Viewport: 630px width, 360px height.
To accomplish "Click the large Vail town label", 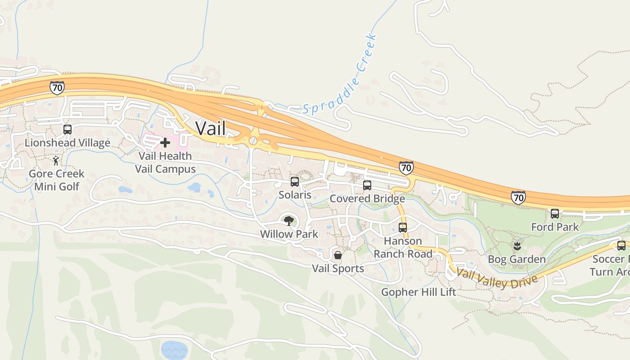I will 210,128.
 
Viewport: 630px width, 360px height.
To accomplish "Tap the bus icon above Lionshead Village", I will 67,130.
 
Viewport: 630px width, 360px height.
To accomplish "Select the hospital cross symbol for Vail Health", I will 165,143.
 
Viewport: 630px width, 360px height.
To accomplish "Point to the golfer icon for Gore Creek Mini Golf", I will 56,161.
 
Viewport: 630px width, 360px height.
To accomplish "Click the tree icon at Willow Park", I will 288,220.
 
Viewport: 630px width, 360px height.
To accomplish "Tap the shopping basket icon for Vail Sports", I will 338,256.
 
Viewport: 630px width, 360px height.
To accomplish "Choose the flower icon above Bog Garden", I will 517,246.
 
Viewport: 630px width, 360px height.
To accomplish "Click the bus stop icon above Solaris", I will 295,182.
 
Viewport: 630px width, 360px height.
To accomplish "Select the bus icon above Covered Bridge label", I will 367,185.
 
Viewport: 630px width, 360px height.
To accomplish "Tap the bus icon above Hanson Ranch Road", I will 403,228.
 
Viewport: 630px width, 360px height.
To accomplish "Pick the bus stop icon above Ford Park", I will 555,214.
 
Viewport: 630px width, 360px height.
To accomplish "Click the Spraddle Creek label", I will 341,74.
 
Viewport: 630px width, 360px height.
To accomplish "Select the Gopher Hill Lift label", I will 418,292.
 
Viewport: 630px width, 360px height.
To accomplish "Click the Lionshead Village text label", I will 67,143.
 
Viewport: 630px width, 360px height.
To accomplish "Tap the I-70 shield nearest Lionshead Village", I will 57,88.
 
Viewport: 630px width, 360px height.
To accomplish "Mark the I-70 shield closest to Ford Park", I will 518,197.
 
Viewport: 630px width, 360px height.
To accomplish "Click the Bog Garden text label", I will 517,259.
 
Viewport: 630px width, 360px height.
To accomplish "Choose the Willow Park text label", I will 289,234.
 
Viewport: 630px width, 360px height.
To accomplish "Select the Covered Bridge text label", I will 367,198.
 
